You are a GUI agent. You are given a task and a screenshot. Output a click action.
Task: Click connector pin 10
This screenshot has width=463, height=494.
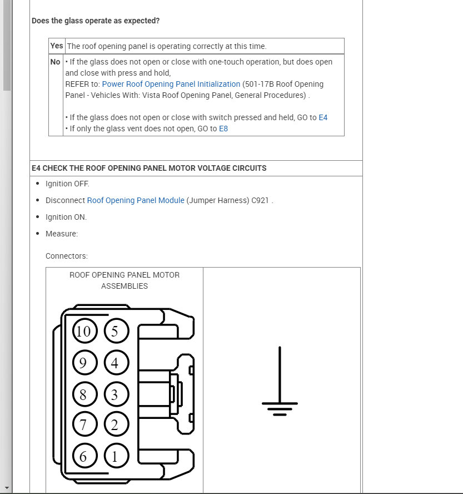[x=83, y=332]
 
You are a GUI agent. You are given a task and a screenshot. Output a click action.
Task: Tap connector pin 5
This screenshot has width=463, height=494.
[x=115, y=332]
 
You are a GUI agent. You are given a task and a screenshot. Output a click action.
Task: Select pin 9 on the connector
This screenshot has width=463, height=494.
[x=83, y=363]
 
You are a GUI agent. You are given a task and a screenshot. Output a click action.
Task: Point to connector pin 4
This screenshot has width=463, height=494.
[x=115, y=363]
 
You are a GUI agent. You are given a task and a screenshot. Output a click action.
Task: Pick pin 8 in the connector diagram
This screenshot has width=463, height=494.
[x=83, y=395]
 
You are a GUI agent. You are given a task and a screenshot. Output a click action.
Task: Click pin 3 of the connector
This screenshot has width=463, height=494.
[x=115, y=395]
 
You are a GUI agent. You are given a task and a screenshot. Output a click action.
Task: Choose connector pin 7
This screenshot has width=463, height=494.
[x=83, y=426]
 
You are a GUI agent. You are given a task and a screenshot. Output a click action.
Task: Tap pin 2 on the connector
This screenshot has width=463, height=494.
[x=115, y=426]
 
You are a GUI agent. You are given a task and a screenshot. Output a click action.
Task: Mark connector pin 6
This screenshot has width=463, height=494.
[x=83, y=457]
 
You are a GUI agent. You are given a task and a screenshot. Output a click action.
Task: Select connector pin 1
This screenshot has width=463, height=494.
[x=115, y=457]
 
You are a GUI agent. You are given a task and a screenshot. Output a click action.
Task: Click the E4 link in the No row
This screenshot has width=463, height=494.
[x=323, y=117]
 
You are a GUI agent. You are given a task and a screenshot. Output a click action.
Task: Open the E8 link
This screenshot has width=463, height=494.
[x=223, y=129]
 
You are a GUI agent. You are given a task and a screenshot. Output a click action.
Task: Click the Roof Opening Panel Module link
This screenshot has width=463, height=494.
[x=136, y=200]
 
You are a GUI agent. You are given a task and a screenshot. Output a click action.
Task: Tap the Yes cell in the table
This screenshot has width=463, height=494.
[x=57, y=46]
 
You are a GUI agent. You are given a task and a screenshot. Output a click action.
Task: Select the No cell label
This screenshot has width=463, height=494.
[x=56, y=62]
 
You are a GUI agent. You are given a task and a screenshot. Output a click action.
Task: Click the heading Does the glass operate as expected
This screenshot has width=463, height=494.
[x=96, y=21]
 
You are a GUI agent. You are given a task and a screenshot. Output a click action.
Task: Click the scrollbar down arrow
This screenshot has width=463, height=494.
[x=7, y=489]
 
